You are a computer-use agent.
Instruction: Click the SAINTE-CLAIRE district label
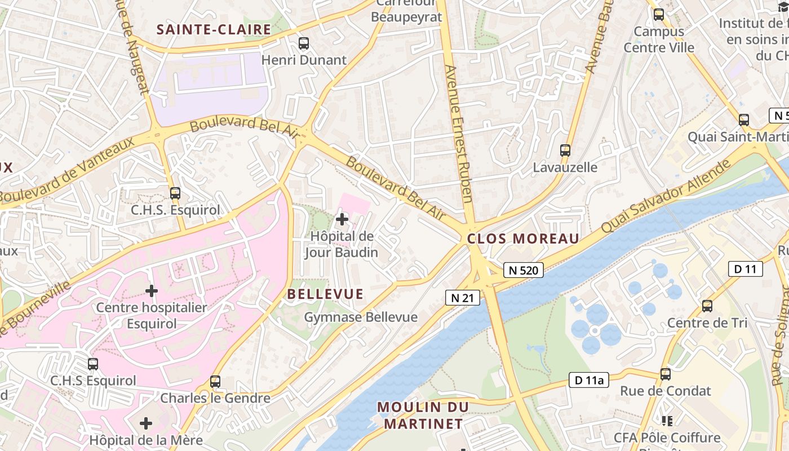click(214, 29)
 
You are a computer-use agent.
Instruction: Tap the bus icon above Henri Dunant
click(304, 43)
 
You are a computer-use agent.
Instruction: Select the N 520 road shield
click(523, 270)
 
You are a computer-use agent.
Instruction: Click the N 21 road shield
click(463, 297)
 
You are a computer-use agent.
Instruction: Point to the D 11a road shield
click(589, 381)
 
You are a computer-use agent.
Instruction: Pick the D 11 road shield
click(745, 269)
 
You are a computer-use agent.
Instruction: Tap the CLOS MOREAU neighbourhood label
click(523, 238)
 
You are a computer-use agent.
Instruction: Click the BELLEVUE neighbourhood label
click(325, 294)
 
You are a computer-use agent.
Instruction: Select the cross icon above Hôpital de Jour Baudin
click(342, 219)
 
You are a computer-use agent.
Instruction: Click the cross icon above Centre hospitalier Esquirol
click(151, 291)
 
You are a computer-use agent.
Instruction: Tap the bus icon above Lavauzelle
click(565, 150)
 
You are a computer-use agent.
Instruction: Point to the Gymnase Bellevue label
click(361, 317)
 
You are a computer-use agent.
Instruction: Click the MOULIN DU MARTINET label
click(423, 415)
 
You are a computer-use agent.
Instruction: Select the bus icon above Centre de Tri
click(707, 306)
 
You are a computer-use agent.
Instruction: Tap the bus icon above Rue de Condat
click(666, 374)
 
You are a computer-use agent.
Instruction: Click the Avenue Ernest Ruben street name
click(459, 133)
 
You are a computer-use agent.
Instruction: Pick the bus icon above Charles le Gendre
click(215, 381)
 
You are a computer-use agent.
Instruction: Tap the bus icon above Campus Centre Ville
click(658, 15)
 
